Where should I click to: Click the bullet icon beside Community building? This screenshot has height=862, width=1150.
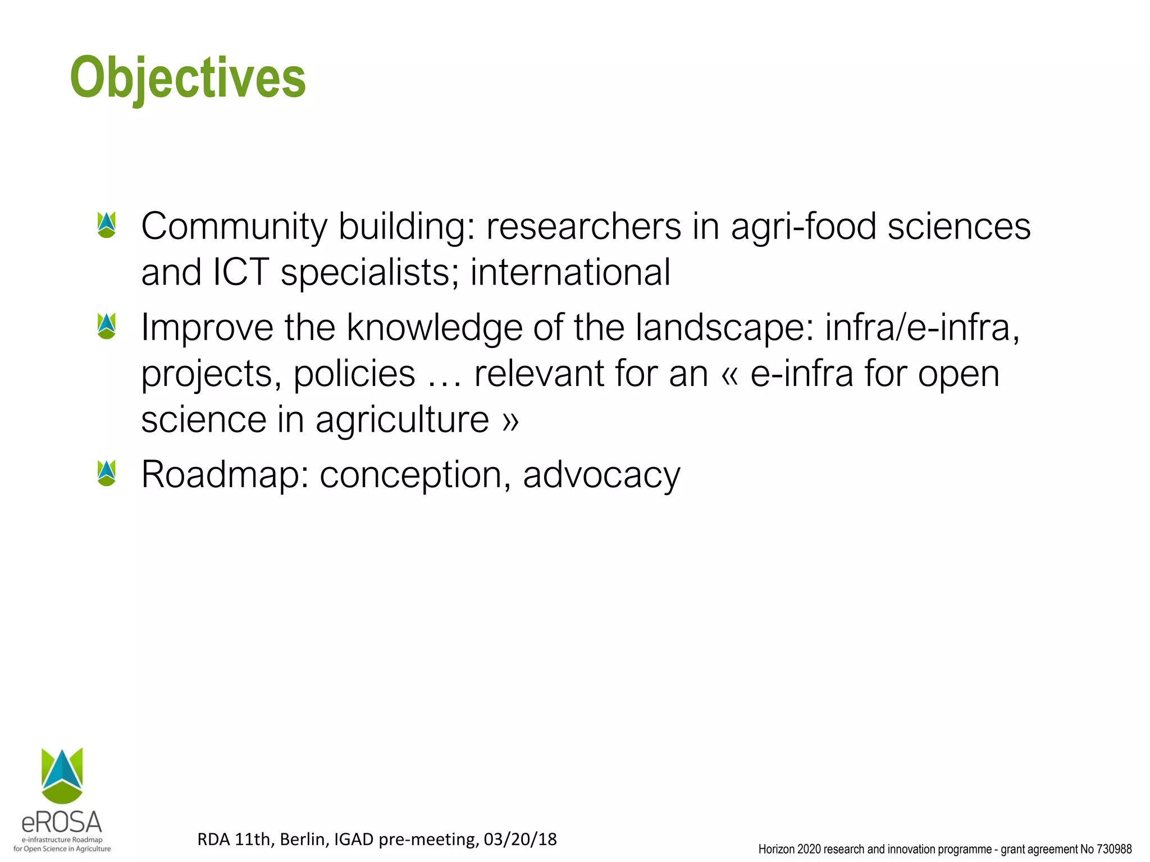pos(106,224)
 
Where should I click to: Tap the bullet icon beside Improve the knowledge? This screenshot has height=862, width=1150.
pos(106,326)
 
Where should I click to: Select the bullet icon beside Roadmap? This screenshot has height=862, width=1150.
pos(106,473)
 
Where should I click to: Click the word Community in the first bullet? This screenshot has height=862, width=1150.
pos(234,227)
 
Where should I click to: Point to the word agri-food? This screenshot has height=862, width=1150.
pos(803,227)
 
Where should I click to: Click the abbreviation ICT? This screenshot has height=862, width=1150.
pos(241,272)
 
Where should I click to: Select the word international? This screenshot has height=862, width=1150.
pos(570,272)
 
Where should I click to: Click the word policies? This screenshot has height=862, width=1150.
pos(354,374)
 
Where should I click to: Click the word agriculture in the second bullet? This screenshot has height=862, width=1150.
pos(402,420)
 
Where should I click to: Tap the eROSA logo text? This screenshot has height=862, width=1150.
pos(62,823)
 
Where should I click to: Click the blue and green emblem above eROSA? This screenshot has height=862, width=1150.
pos(62,774)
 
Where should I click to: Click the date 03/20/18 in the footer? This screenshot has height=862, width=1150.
pos(520,840)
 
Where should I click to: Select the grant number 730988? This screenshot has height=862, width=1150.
pos(1114,850)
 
